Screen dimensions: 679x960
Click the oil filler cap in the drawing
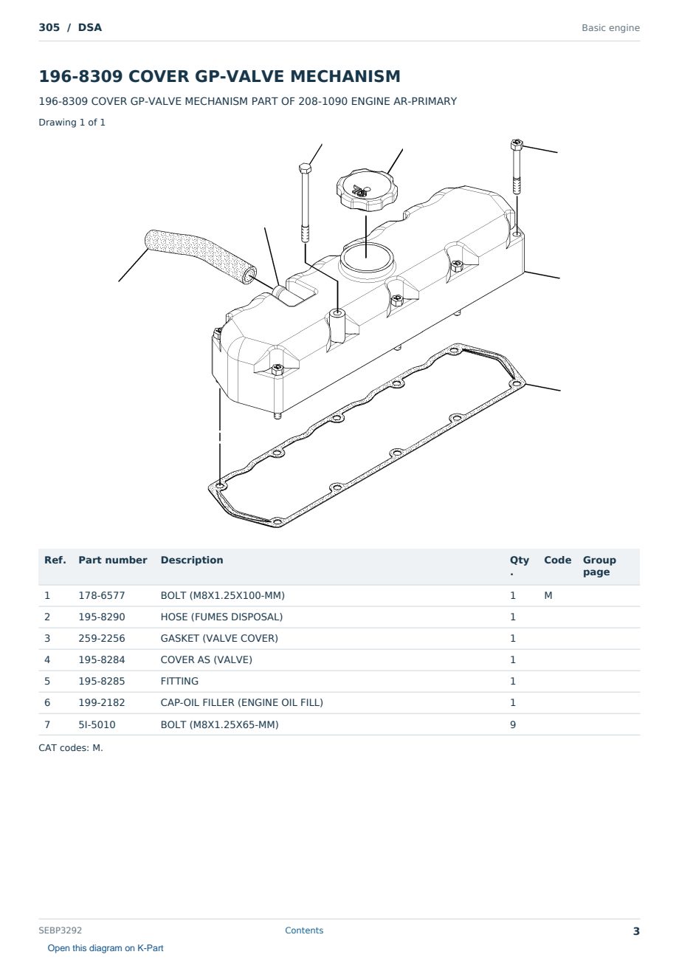367,190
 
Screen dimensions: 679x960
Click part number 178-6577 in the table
102,595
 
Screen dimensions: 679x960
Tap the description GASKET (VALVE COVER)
219,638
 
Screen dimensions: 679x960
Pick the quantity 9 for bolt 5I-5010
513,724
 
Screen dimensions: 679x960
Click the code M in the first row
548,595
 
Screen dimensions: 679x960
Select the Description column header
191,560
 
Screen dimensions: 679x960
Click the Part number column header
113,560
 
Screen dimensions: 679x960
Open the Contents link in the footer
304,930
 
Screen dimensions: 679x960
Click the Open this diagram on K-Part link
106,948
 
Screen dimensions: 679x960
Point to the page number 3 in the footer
636,931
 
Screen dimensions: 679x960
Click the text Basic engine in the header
610,28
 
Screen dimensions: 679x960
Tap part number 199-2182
102,702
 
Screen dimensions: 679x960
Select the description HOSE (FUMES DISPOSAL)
221,617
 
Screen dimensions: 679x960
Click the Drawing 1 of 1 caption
72,122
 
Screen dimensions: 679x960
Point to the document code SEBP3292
60,930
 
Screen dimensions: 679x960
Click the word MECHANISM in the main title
345,76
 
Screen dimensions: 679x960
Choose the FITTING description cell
179,681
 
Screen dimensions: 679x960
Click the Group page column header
599,566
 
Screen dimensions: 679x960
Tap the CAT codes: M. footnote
71,748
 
